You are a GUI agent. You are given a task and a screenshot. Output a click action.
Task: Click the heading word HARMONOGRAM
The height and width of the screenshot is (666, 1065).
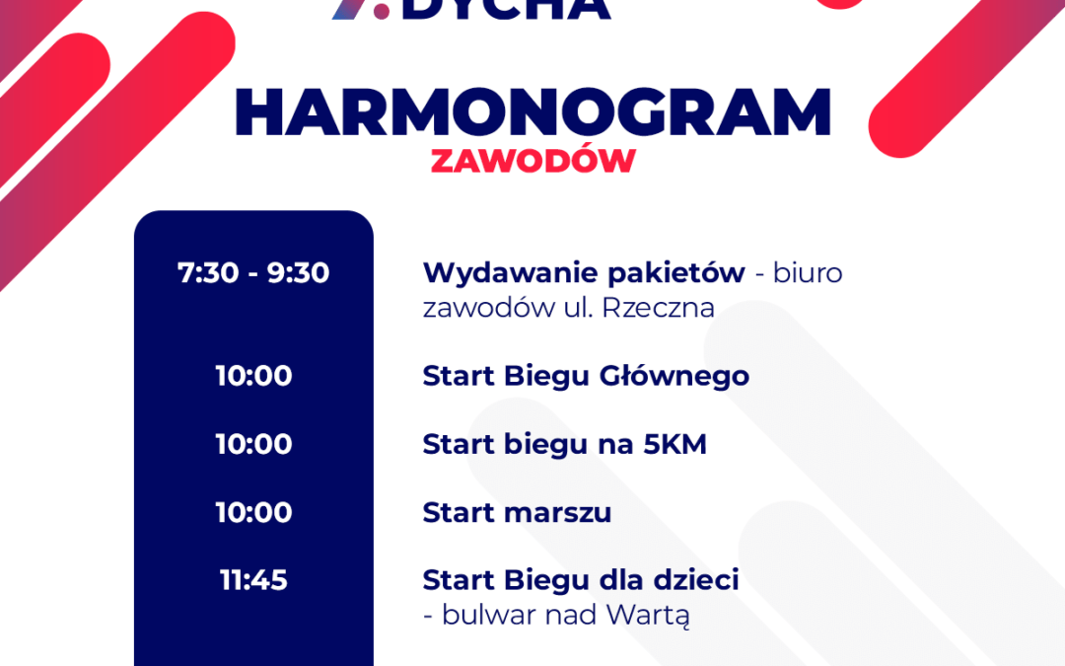tap(532, 112)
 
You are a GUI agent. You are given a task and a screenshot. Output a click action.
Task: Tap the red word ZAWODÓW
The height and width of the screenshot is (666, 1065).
tap(532, 161)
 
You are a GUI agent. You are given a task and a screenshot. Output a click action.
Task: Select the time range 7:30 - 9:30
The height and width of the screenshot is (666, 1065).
tap(253, 273)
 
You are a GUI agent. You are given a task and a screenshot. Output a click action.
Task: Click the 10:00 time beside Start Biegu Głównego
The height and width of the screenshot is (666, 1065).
tap(253, 376)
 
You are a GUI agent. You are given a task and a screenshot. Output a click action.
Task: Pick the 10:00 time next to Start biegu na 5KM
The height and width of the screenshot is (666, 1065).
tap(253, 444)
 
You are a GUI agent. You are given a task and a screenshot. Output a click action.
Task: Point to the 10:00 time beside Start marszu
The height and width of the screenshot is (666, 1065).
tap(253, 512)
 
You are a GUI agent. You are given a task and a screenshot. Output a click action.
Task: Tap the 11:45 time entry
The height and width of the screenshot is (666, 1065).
tap(253, 580)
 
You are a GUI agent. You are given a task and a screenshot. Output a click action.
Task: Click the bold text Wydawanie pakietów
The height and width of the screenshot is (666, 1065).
tap(584, 273)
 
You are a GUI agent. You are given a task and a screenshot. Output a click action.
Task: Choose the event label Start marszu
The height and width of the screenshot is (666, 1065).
tap(517, 513)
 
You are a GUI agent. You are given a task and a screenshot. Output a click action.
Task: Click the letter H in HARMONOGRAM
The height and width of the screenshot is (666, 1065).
tap(259, 112)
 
